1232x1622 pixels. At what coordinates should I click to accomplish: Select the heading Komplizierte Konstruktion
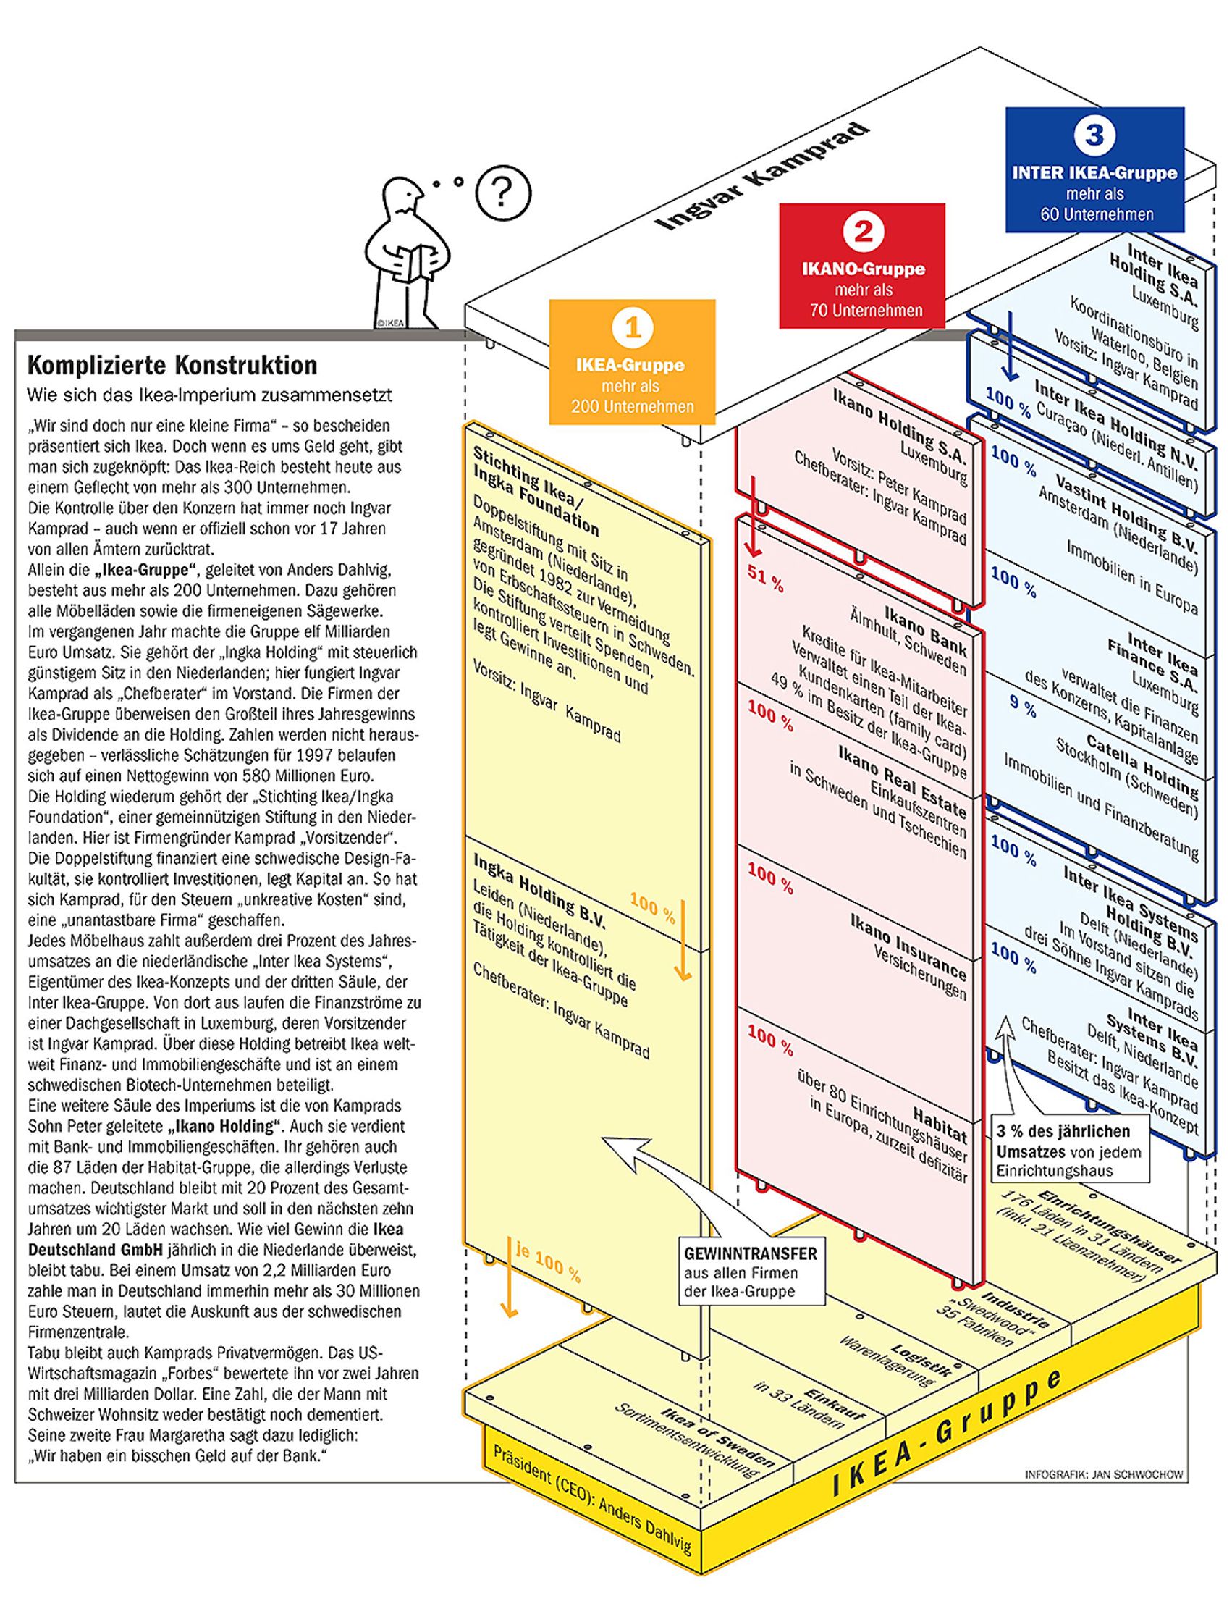tap(172, 366)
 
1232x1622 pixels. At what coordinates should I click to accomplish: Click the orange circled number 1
tap(633, 327)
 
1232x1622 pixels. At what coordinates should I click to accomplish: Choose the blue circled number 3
tap(1094, 135)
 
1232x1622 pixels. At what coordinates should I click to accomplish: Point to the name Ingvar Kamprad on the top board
tap(764, 177)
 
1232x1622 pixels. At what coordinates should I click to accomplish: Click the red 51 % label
tap(766, 579)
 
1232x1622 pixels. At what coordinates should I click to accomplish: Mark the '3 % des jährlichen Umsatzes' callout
tap(1069, 1151)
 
